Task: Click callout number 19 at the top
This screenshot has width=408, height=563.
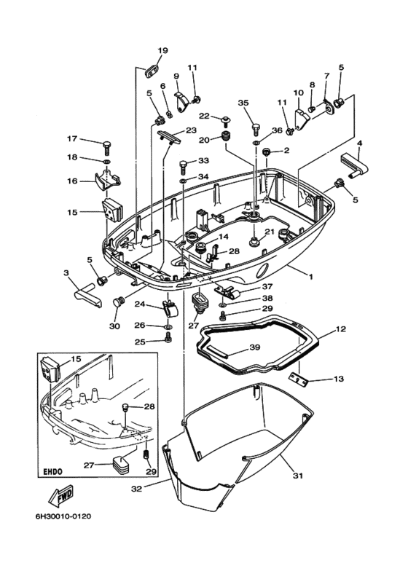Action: (x=162, y=50)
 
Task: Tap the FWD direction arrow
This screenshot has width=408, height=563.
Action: (x=60, y=498)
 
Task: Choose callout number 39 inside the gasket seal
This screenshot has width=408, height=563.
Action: (x=254, y=347)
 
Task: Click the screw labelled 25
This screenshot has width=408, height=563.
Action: (x=168, y=341)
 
